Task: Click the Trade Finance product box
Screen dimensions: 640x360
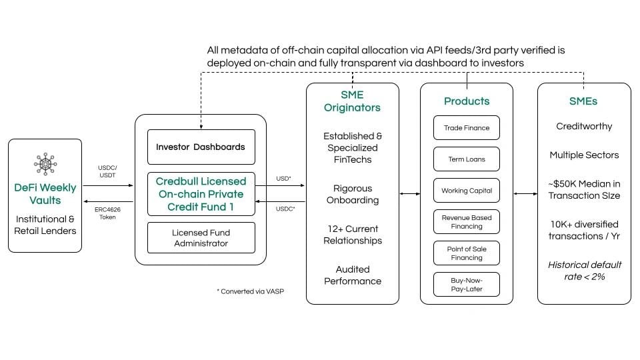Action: pos(467,128)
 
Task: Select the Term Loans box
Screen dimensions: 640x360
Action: pos(467,159)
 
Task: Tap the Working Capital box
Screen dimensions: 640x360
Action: pos(467,191)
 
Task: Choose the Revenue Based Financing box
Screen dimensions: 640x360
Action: pos(467,221)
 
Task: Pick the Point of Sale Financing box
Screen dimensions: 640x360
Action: pos(467,253)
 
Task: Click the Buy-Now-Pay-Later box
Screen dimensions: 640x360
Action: pos(467,285)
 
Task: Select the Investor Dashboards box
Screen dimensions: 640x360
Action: pos(201,147)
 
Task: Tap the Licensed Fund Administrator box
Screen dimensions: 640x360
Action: pos(201,238)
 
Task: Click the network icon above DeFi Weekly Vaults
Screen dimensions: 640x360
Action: pos(45,164)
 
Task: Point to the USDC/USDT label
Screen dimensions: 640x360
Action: pos(107,171)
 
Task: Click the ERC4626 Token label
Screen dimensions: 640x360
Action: pos(107,213)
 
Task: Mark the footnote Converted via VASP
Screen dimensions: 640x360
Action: pos(250,291)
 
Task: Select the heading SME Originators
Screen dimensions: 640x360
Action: pos(352,101)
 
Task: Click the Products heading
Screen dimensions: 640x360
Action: pos(467,101)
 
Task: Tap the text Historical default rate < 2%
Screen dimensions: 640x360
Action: pos(585,271)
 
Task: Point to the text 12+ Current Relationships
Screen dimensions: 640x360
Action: pos(353,235)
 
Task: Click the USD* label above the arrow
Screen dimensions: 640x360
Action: pos(284,179)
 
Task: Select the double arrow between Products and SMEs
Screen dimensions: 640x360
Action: pos(525,194)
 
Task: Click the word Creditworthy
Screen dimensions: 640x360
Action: pos(584,127)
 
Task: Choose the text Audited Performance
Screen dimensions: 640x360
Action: pos(353,275)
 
